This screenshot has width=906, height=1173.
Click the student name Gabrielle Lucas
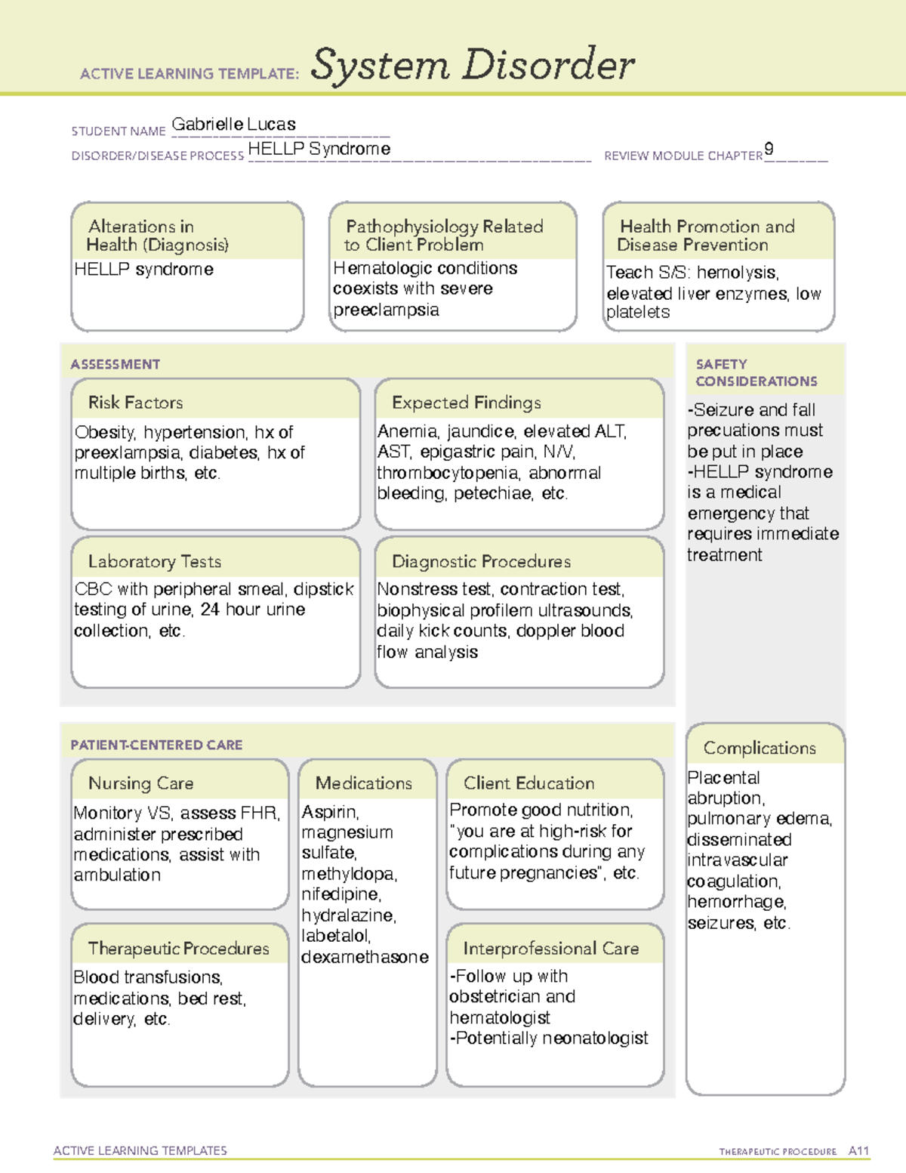click(x=233, y=125)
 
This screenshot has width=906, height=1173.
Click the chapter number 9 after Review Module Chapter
click(x=769, y=149)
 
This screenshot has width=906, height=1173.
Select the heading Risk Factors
click(x=135, y=403)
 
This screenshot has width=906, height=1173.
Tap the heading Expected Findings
click(x=466, y=403)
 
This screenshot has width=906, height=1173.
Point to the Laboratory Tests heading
click(x=154, y=561)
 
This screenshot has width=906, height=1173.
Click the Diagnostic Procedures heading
click(x=481, y=561)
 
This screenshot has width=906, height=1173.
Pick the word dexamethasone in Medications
click(x=365, y=957)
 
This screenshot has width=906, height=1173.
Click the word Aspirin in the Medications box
click(x=330, y=812)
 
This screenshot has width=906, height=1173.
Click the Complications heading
click(x=760, y=748)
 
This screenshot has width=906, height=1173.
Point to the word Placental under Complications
click(x=723, y=778)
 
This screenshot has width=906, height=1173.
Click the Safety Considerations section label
click(x=756, y=372)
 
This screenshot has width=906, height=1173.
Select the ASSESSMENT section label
click(x=116, y=364)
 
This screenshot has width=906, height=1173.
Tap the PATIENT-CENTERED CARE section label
click(x=156, y=745)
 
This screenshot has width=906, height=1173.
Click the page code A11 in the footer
click(x=858, y=1151)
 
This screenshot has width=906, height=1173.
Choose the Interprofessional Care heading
click(x=550, y=948)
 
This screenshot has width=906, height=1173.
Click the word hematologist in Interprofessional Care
click(x=500, y=1018)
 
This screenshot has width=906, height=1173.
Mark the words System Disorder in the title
click(x=473, y=65)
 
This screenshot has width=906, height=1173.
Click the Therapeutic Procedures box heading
click(x=178, y=948)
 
